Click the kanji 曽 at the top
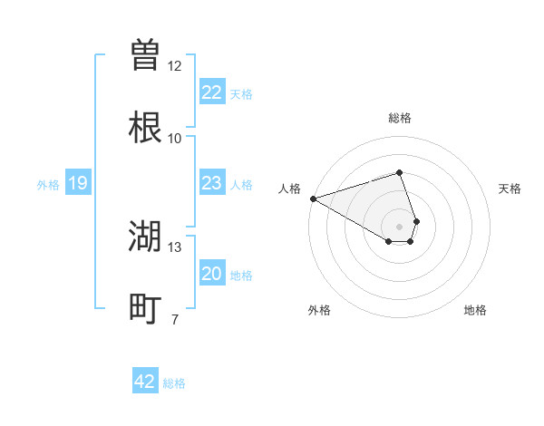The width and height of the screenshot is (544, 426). [x=145, y=54]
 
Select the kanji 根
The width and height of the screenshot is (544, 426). [x=145, y=128]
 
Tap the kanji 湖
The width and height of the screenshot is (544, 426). [x=145, y=237]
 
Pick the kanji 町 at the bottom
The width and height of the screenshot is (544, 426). [x=145, y=309]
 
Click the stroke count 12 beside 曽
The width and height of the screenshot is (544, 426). [x=175, y=66]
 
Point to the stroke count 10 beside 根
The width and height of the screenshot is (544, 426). [x=175, y=139]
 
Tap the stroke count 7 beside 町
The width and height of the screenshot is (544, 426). [x=175, y=320]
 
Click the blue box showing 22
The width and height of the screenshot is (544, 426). [x=211, y=92]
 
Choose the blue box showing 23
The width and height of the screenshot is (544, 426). [x=211, y=183]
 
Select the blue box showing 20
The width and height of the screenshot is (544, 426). [x=211, y=274]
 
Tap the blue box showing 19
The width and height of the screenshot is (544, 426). [x=78, y=183]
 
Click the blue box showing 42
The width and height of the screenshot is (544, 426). [x=145, y=382]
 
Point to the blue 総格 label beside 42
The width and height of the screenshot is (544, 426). [x=174, y=383]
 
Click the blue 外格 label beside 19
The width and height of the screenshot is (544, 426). [x=48, y=185]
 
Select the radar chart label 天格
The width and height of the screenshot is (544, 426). [x=510, y=189]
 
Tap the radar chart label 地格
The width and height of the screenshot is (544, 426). [x=475, y=310]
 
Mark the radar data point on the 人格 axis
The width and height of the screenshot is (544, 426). [x=313, y=198]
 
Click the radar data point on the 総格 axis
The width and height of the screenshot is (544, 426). [x=399, y=172]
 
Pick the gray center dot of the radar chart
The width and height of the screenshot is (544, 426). [x=399, y=226]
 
